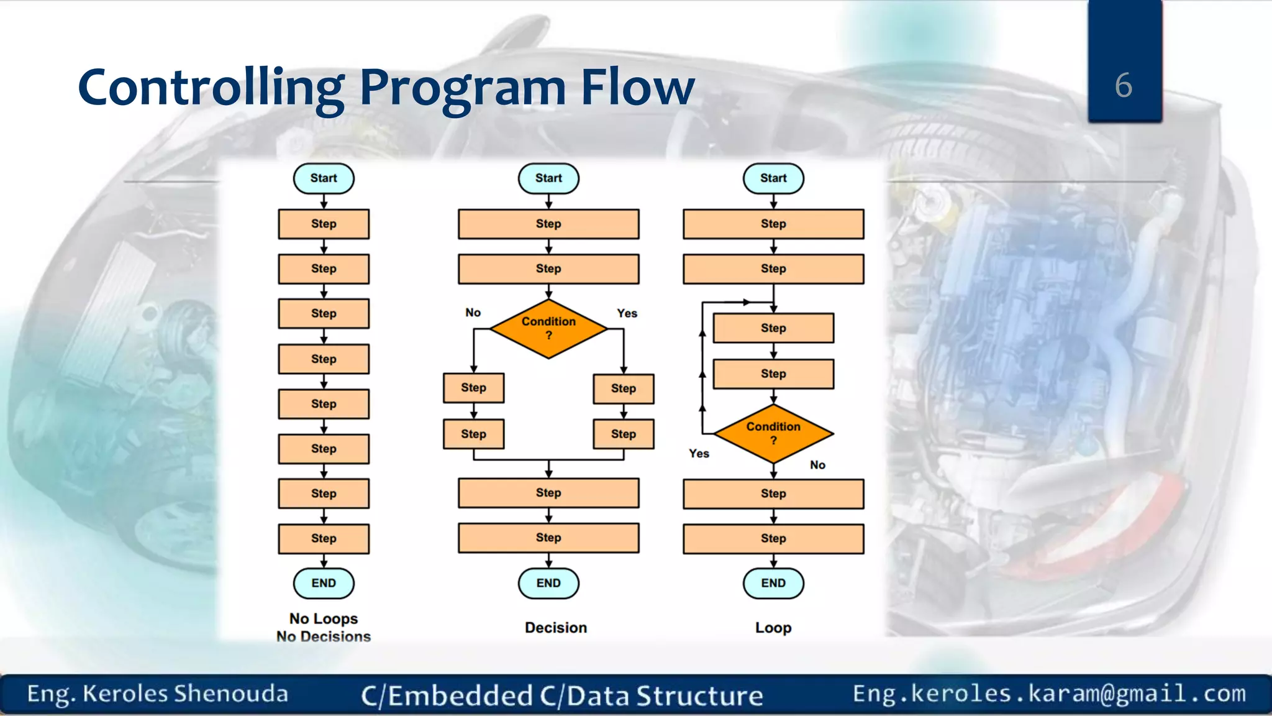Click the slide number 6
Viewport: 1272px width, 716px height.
[1123, 85]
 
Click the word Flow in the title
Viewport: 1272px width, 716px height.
[637, 87]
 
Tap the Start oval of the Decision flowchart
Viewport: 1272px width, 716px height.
[548, 178]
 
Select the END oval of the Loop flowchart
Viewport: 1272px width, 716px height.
[773, 583]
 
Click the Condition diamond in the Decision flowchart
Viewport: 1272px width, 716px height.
[548, 328]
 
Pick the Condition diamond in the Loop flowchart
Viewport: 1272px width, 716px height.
[773, 433]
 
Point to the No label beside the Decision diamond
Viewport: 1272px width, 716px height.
[473, 313]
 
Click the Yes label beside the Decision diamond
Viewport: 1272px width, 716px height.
[627, 313]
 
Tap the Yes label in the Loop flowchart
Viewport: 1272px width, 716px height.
[699, 454]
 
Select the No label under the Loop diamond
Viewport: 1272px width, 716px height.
[817, 465]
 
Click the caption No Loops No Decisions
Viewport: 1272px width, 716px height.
[324, 627]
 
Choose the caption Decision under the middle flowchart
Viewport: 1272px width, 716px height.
[556, 628]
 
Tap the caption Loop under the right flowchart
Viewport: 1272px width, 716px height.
[773, 628]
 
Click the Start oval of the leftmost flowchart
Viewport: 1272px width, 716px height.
[324, 178]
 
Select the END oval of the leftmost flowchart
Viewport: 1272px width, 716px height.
[324, 583]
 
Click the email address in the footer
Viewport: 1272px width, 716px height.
[1049, 693]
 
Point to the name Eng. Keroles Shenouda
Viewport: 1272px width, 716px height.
[158, 694]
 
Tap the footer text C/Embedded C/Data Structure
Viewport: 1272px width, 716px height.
[562, 695]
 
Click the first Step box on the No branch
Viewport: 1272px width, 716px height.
[473, 388]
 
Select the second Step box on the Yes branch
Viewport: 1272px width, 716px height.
[623, 434]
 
